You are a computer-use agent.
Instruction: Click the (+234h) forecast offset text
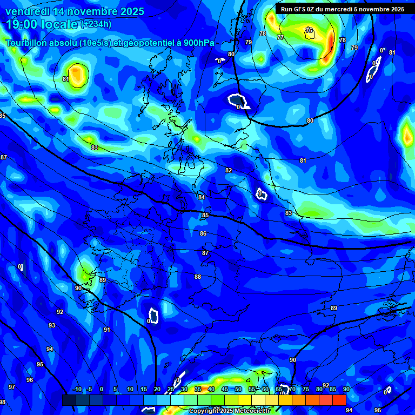coord(97,24)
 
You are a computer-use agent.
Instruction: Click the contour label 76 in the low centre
coord(309,31)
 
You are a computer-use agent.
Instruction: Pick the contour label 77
coord(280,38)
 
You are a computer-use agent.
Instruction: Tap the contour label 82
coord(229,170)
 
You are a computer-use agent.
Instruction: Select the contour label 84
coord(202,197)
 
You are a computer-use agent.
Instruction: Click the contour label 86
coord(203,234)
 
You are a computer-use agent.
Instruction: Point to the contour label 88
coord(198,277)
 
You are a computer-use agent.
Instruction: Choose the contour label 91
coord(107,330)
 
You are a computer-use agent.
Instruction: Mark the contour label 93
coord(52,325)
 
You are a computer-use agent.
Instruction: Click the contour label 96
coord(29,380)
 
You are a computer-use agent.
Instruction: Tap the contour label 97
coord(12,387)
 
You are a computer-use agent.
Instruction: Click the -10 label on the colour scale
coord(77,389)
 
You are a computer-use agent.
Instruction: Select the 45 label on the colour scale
coord(224,389)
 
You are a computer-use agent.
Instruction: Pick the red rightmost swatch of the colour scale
coord(339,400)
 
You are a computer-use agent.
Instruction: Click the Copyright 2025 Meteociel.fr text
coord(229,411)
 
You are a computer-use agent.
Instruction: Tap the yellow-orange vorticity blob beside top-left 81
coord(78,75)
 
